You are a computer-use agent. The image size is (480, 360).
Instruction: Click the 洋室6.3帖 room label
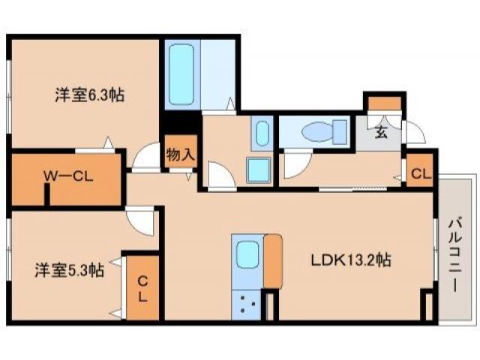click(x=88, y=96)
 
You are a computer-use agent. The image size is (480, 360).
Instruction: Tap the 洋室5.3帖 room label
click(x=68, y=270)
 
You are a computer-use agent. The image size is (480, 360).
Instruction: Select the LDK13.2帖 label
click(x=351, y=261)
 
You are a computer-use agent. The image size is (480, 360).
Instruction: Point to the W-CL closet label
click(x=67, y=177)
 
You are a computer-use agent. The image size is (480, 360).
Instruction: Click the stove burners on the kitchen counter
click(x=247, y=305)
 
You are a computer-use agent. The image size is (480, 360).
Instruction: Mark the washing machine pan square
click(x=259, y=169)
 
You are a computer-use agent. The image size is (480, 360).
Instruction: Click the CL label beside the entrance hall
click(x=420, y=174)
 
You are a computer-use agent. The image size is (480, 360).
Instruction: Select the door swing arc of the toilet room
click(x=293, y=160)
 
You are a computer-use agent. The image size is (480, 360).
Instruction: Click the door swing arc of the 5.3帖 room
click(x=141, y=220)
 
